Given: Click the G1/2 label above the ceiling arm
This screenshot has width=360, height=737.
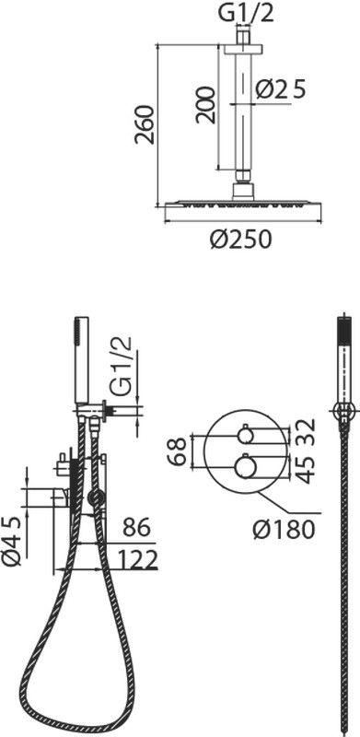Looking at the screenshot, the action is tap(246, 15).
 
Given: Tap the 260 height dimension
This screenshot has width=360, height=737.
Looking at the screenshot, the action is tap(145, 124).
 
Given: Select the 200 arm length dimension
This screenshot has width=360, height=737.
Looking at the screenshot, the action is tap(206, 105).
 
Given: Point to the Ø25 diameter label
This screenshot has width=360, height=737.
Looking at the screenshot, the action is tap(281, 88).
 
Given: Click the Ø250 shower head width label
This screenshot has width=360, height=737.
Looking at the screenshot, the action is tap(240, 240).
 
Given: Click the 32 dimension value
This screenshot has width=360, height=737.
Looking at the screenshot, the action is tap(306, 431).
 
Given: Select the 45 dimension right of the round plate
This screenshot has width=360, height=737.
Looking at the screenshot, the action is tap(306, 470).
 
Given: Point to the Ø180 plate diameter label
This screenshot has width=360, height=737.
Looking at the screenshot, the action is tap(283, 531).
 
